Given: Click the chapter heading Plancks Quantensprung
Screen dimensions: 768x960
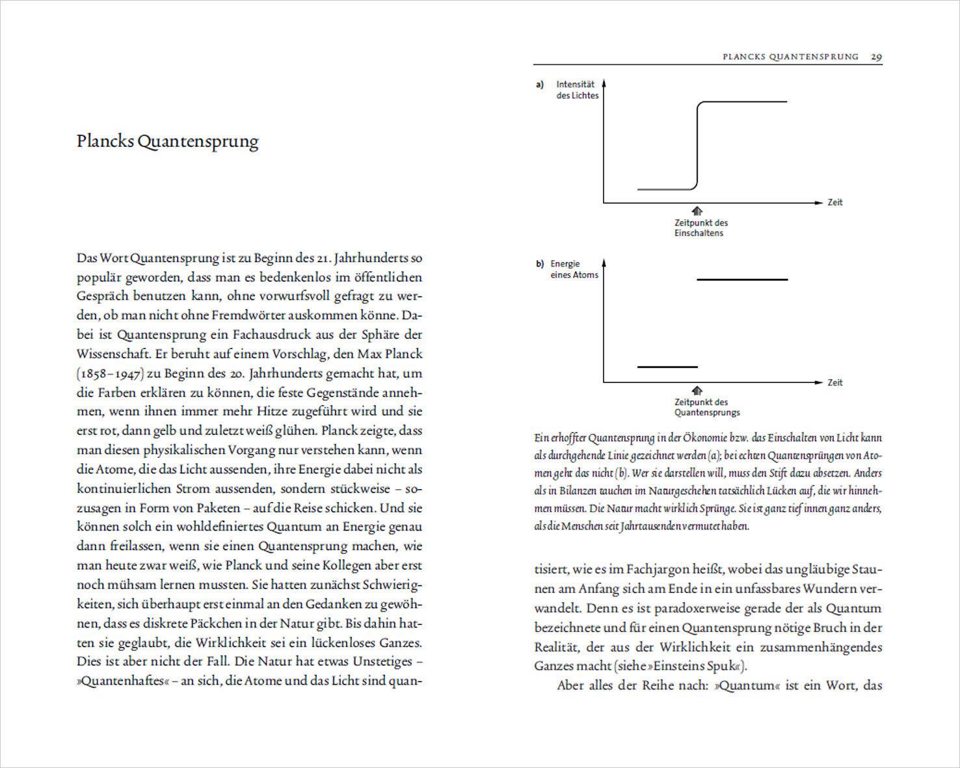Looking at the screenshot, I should [x=167, y=141].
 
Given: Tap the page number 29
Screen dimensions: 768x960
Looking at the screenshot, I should [x=876, y=57].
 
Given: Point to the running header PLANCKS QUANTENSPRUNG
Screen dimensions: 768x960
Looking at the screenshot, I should [x=790, y=57].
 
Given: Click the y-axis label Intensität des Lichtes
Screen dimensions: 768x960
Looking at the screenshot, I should [x=577, y=90].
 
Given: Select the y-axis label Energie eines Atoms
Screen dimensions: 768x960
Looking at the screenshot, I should [x=574, y=269].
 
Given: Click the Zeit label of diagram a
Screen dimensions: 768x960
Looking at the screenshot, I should [x=835, y=202].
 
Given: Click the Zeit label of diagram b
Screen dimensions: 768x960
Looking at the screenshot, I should [x=835, y=382].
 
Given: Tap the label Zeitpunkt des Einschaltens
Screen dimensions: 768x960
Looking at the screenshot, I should [x=700, y=228].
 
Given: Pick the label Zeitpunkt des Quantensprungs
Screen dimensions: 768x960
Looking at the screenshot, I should [x=706, y=407].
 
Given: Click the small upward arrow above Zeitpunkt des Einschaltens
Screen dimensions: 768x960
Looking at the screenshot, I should [x=697, y=211].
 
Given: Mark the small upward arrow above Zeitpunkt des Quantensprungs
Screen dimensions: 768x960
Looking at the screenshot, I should [x=697, y=390].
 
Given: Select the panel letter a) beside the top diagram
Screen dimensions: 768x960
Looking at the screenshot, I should [x=539, y=85].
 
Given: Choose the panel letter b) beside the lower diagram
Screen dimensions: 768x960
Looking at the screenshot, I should [x=539, y=264].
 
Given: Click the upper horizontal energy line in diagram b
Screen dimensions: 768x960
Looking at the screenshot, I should [x=741, y=280].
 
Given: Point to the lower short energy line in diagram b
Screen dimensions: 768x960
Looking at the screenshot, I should [x=667, y=367].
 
